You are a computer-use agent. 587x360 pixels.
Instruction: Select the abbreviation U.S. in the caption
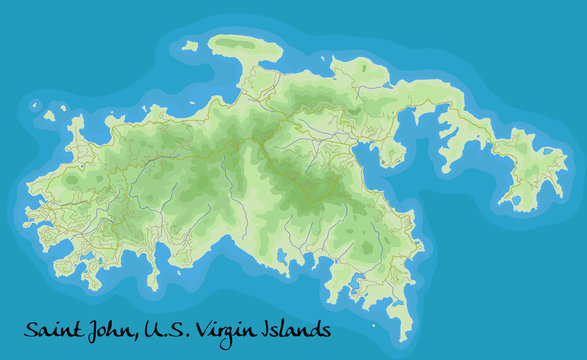click(170, 329)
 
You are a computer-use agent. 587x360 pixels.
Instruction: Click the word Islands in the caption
click(299, 329)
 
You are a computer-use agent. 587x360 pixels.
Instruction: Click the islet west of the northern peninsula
click(190, 46)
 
